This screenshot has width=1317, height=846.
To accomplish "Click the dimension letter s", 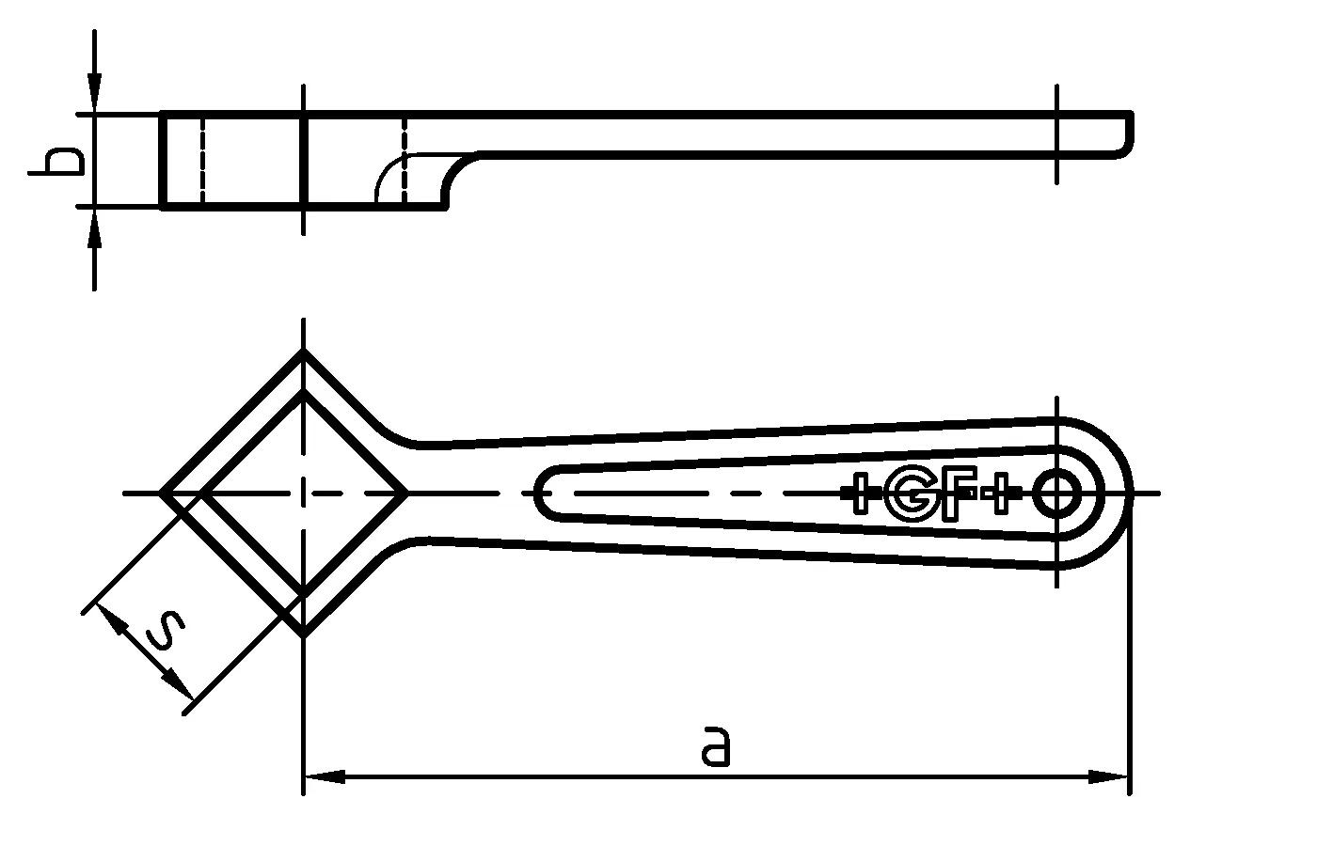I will pos(167,631).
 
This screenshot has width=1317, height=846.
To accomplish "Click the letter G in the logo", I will pos(910,493).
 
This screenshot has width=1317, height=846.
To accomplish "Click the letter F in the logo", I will pos(957,493).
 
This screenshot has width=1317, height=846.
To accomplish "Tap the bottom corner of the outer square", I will pos(302,634).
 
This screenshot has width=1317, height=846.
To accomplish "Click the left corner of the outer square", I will pos(161,493).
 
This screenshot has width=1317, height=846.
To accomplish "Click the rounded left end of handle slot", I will pos(538,493).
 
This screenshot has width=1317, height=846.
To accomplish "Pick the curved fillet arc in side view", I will pos(388,174).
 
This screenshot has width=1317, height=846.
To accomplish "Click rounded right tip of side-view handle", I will pos(1129,134).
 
